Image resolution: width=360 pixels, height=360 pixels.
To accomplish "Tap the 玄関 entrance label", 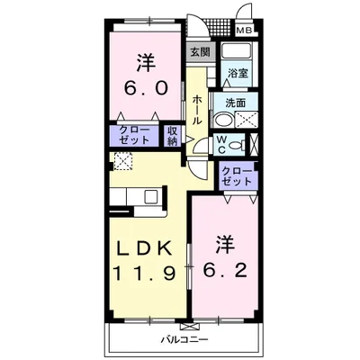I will [199, 52].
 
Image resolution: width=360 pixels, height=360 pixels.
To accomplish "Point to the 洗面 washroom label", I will [237, 102].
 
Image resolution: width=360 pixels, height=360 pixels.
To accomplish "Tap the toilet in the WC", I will [235, 145].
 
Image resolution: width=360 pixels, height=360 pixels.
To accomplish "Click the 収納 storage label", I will [173, 136].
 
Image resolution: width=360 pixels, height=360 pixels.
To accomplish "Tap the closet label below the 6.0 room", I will [134, 136].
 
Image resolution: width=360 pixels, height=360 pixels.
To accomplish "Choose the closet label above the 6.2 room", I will [237, 175].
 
